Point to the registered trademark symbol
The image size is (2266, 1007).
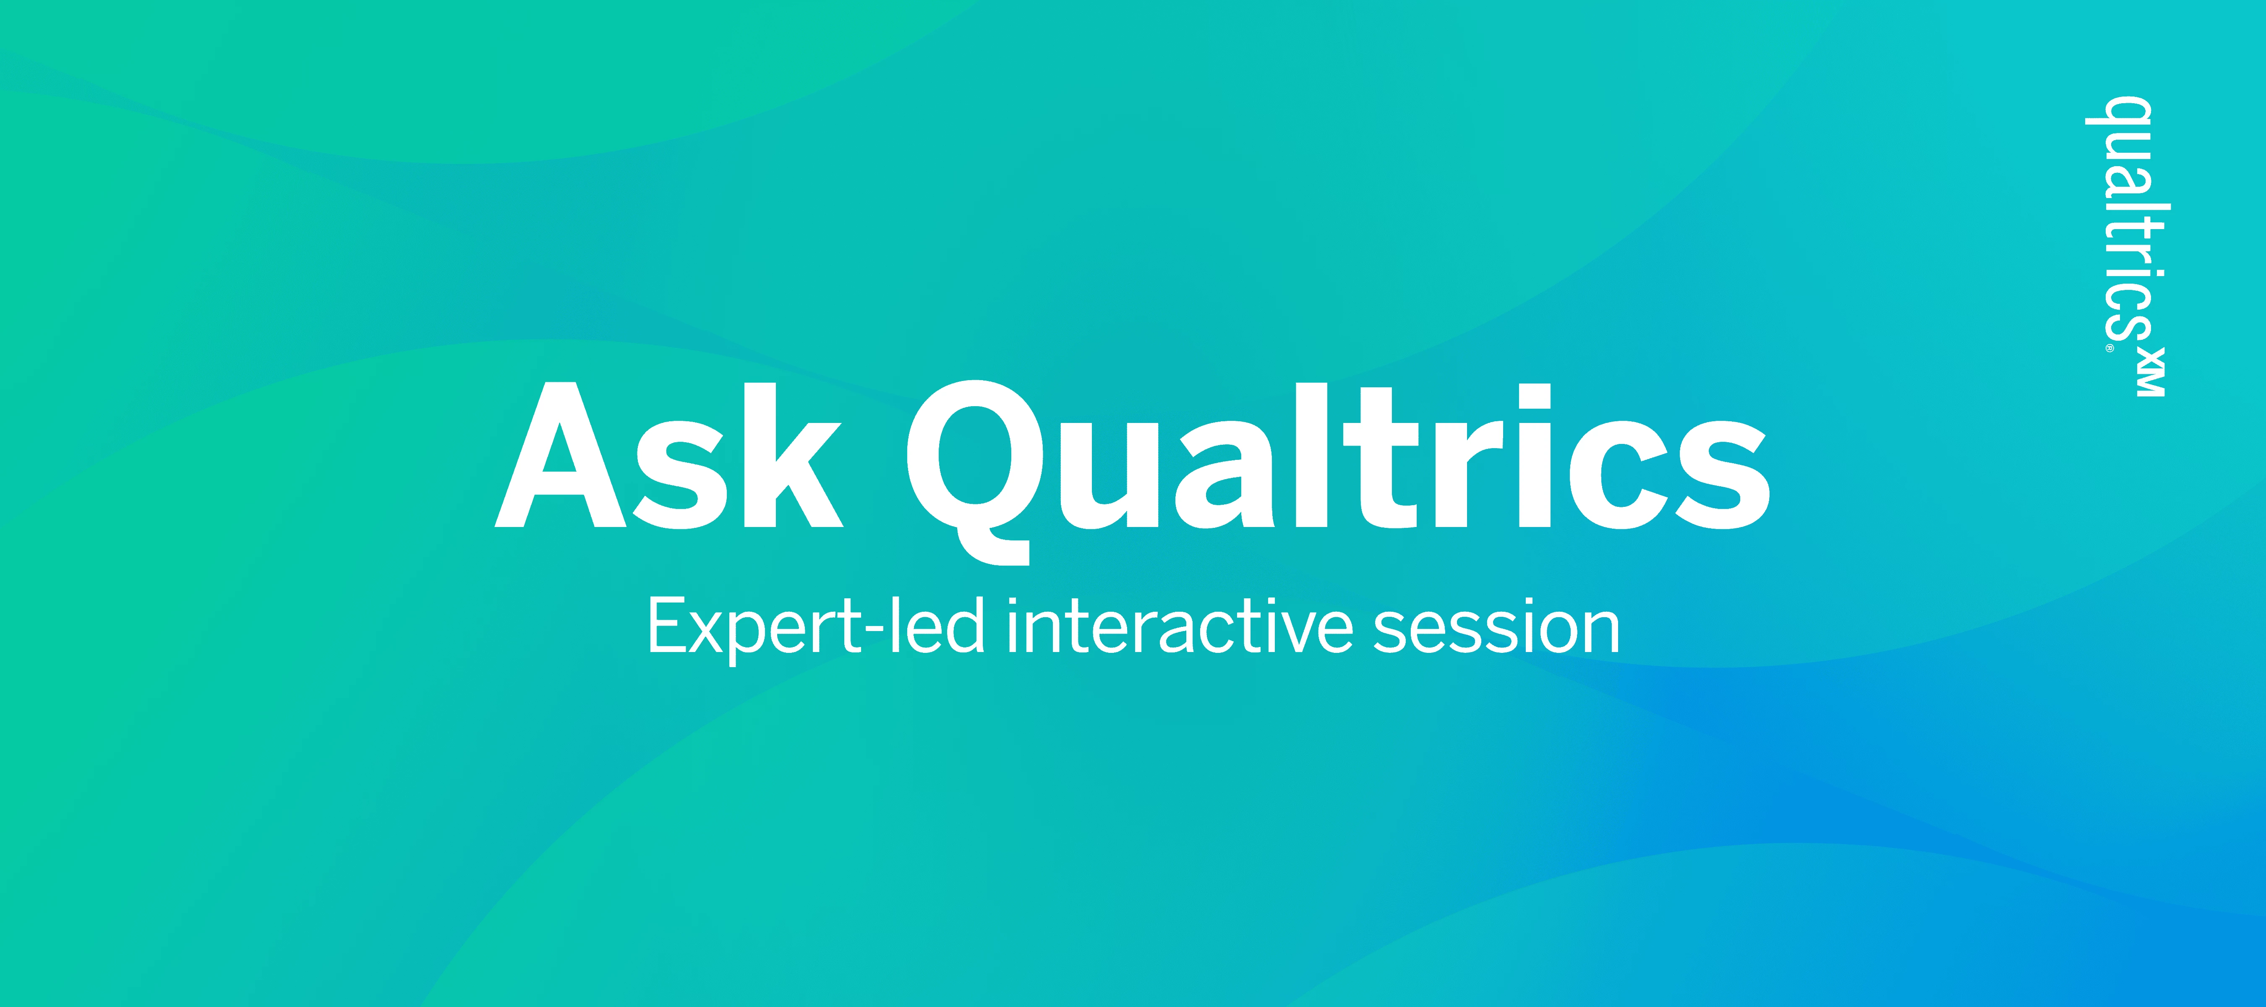(x=2109, y=348)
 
